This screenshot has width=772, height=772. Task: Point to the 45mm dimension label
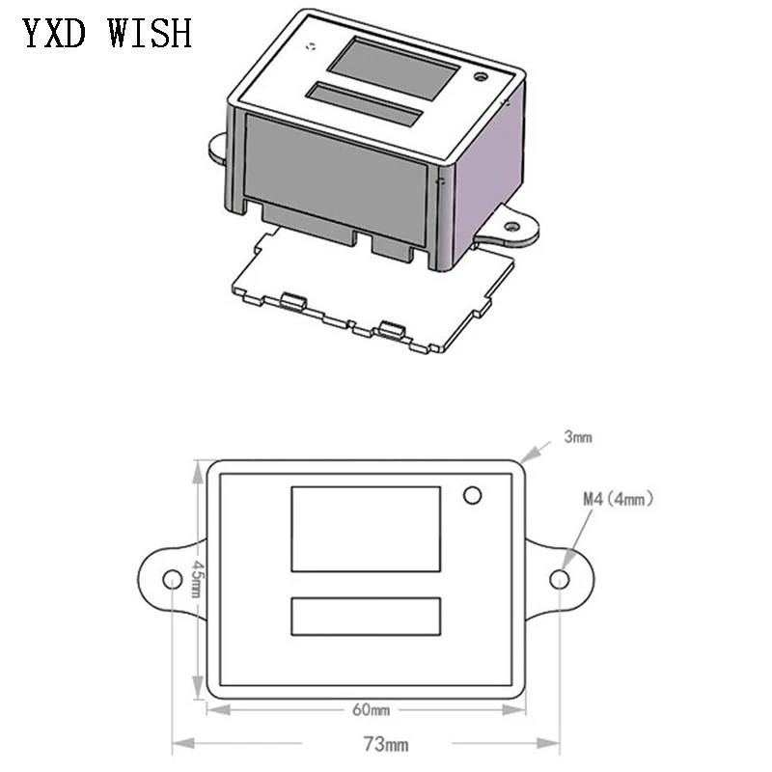(x=196, y=579)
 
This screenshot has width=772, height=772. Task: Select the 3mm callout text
(x=578, y=437)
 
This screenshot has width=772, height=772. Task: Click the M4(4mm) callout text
(x=619, y=499)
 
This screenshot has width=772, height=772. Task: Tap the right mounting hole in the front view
(x=559, y=579)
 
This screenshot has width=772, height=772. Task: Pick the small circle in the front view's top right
(x=472, y=495)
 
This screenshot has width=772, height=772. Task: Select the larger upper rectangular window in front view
(x=366, y=529)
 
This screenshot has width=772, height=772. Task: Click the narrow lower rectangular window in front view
(x=366, y=616)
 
